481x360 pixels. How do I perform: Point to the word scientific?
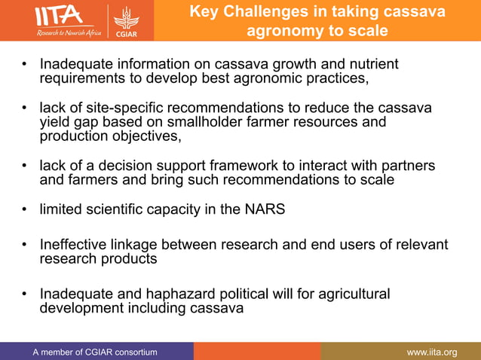click(x=116, y=209)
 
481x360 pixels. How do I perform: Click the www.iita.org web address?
click(x=431, y=352)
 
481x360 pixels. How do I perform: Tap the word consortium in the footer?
click(x=130, y=352)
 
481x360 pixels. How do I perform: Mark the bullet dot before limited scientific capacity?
click(x=24, y=210)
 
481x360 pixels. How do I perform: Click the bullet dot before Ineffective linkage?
click(x=24, y=246)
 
